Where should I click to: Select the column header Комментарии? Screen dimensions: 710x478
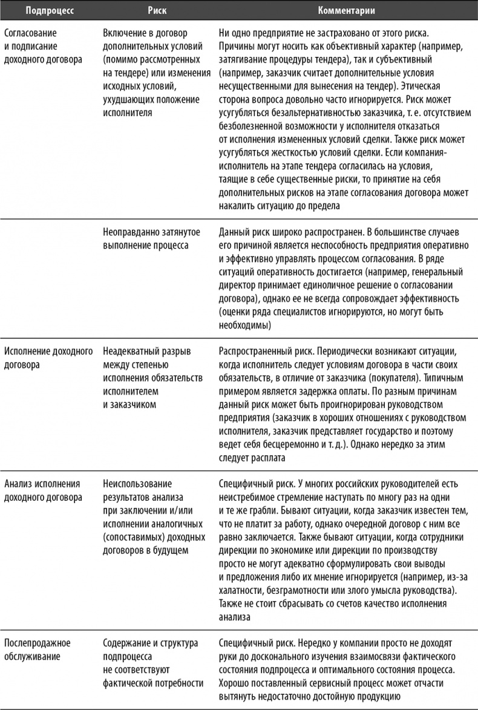tap(347, 10)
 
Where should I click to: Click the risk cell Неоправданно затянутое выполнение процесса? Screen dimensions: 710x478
tap(146, 239)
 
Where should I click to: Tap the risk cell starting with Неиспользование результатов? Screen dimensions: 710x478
tap(152, 517)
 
